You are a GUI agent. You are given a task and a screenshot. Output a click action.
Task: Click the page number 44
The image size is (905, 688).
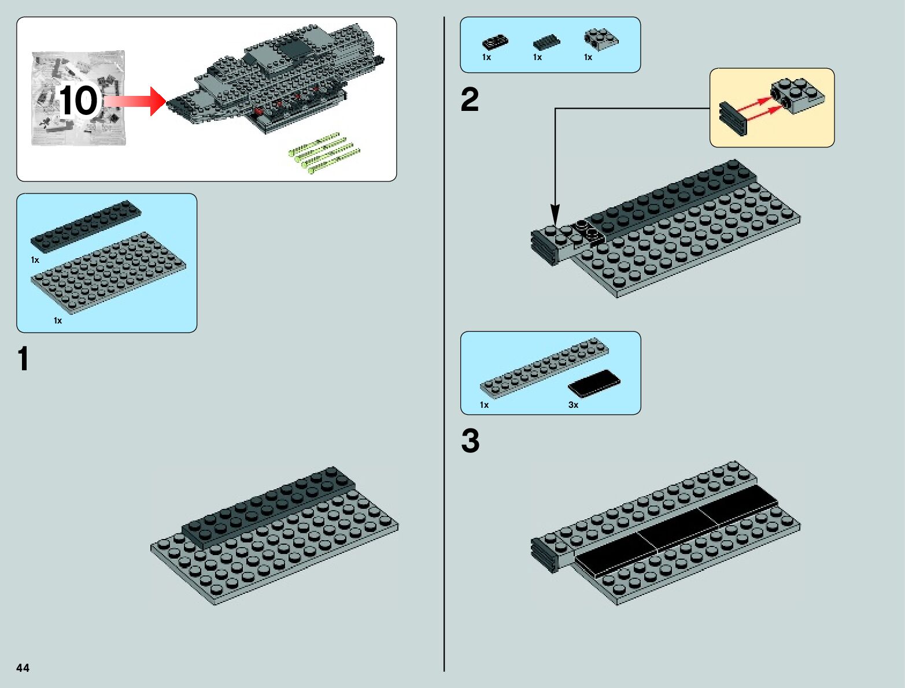coord(23,668)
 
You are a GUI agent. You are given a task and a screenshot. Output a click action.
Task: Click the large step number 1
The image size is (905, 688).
coord(23,359)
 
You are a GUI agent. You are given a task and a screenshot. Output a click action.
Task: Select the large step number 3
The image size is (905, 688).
coord(470,441)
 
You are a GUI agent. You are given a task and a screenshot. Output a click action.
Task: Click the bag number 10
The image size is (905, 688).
coord(78,101)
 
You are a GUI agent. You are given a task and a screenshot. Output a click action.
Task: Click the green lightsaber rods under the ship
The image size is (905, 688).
coord(324,153)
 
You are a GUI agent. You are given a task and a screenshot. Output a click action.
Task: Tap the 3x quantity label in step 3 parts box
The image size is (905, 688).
coord(573,405)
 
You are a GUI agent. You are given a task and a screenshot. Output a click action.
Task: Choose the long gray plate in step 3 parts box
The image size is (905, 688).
coord(544,367)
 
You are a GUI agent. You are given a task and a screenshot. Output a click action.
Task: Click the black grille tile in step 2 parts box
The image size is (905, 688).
coord(495,42)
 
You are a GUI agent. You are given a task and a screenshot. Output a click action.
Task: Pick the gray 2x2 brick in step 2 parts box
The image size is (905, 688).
coord(600,39)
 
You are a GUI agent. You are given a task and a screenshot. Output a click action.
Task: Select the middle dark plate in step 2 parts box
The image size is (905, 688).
coord(546,42)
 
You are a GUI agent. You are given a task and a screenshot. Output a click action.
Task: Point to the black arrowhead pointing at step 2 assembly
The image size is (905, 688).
coord(555,214)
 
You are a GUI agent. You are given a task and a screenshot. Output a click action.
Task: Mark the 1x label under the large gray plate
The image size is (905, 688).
coord(57,321)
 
